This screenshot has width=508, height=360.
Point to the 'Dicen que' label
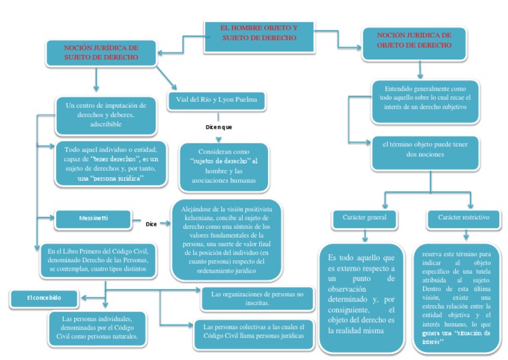pos(218,126)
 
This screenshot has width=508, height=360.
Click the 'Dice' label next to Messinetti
pos(151,224)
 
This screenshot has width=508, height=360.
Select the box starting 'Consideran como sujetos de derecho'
pos(224,166)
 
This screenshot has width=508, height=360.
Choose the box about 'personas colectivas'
pos(253,331)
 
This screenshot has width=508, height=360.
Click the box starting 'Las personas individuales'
pos(97,327)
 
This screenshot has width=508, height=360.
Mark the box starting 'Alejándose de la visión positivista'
pos(226,240)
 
